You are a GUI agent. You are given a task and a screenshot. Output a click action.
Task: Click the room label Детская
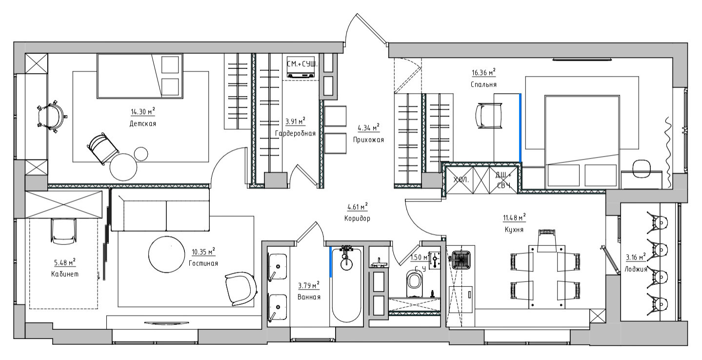142,123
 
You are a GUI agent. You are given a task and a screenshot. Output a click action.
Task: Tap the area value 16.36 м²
483,72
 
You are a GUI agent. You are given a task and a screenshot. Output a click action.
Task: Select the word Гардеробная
295,134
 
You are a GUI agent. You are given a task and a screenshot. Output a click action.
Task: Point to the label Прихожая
368,140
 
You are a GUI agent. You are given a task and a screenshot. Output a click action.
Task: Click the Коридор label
357,219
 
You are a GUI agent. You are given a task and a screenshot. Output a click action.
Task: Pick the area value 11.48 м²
514,217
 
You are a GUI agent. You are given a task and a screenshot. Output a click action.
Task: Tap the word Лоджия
636,269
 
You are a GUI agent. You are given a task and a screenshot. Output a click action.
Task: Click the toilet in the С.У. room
414,283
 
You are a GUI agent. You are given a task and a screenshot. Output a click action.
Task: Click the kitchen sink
461,260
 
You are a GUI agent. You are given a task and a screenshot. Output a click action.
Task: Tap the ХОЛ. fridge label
461,180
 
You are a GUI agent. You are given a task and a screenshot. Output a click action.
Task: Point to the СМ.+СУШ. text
302,64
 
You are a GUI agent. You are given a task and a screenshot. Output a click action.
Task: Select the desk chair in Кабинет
63,231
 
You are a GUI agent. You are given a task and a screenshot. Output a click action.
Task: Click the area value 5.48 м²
64,262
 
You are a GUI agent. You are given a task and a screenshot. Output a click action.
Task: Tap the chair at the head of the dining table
547,240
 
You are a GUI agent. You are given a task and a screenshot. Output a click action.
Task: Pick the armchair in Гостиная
241,289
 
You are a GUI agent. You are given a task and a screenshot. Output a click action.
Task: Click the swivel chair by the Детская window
52,117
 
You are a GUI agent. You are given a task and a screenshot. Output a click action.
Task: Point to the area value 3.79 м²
308,285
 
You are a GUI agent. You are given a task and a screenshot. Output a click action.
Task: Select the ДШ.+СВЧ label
503,180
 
